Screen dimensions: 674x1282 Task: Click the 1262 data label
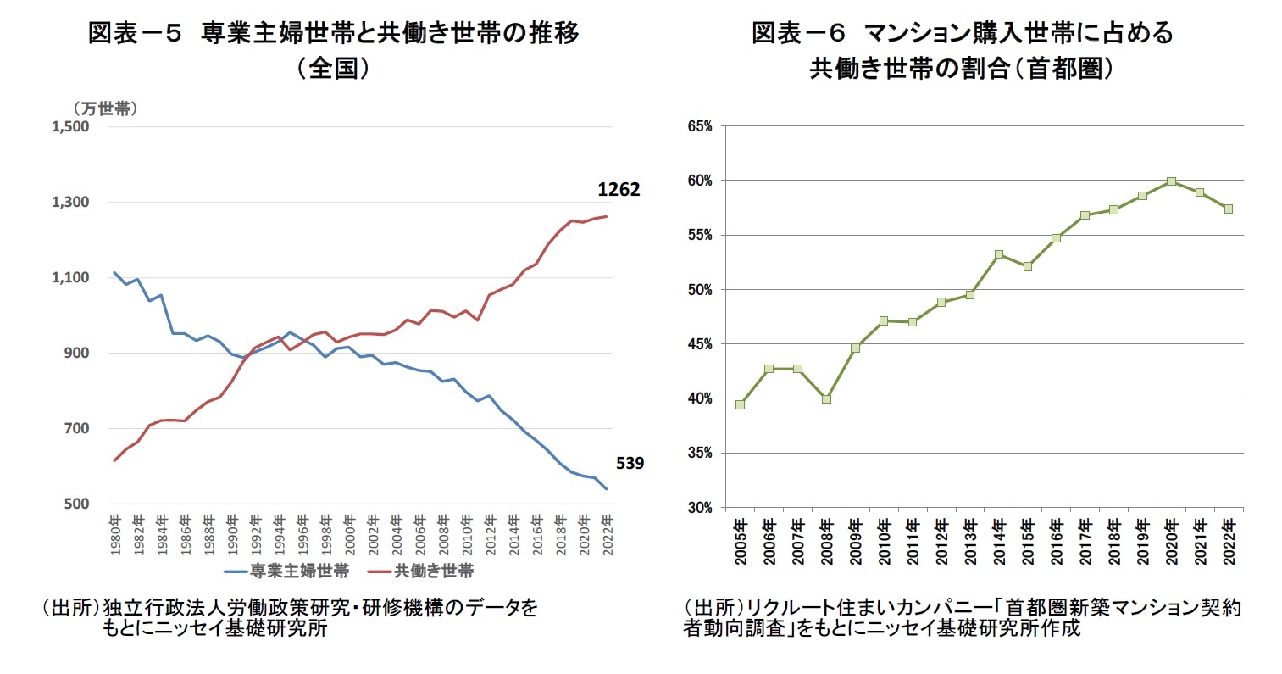point(619,190)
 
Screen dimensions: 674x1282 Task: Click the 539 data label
point(630,463)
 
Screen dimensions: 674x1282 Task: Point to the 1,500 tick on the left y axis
point(71,126)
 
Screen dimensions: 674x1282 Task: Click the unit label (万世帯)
point(105,109)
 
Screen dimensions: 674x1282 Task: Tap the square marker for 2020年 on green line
point(1170,181)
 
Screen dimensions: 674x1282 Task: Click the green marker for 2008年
point(826,398)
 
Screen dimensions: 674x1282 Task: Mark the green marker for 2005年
point(740,404)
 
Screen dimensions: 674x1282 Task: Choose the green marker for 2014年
point(998,254)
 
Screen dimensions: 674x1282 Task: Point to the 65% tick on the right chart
point(701,126)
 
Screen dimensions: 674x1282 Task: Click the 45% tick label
point(701,344)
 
